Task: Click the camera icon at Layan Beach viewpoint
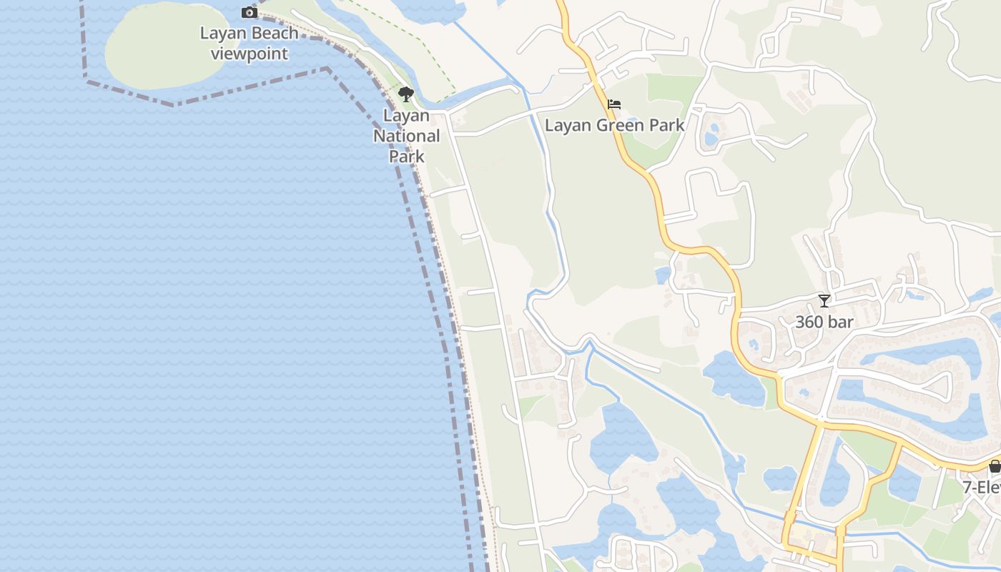click(x=250, y=12)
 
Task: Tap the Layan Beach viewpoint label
click(x=250, y=44)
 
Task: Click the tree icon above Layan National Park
click(x=406, y=94)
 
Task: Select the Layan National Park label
click(x=407, y=136)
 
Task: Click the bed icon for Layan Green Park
click(x=613, y=104)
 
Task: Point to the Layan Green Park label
click(x=614, y=126)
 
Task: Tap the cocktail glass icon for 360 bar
click(x=824, y=301)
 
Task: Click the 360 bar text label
click(x=824, y=322)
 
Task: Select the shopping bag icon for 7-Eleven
click(x=995, y=466)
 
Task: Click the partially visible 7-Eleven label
click(x=981, y=488)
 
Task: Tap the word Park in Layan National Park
click(x=407, y=157)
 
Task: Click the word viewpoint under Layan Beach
click(x=250, y=54)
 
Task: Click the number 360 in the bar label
click(x=809, y=322)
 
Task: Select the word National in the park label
click(x=407, y=136)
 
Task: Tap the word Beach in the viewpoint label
click(x=275, y=34)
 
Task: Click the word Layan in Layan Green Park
click(x=568, y=126)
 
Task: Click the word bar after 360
click(x=842, y=322)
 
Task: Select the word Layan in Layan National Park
click(x=407, y=116)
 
